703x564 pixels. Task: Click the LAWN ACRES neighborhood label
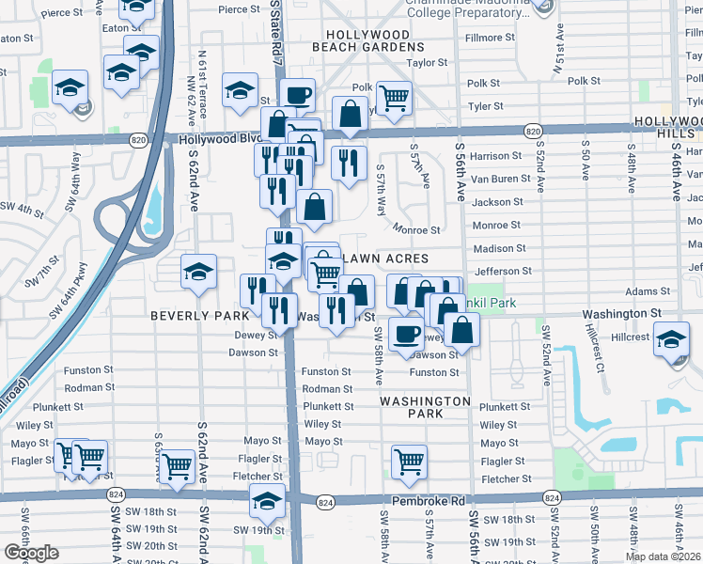(388, 258)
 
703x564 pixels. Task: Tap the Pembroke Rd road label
(430, 502)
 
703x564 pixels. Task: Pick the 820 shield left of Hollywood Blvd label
(137, 139)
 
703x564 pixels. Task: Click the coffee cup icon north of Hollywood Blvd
(297, 94)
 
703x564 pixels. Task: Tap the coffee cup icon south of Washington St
(406, 333)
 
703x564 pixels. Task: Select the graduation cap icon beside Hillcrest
(671, 338)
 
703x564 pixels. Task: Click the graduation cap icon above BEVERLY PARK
(198, 271)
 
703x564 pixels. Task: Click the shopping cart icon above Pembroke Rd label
(409, 461)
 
